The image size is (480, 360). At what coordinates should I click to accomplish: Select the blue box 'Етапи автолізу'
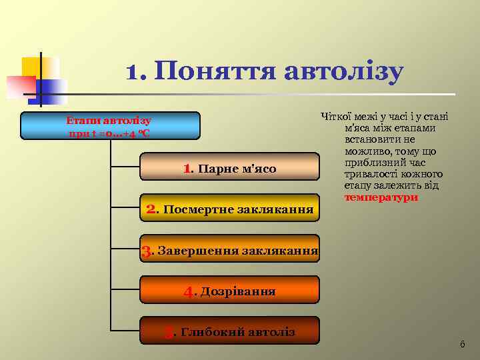click(x=109, y=125)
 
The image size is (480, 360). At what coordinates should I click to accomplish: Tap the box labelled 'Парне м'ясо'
click(x=229, y=167)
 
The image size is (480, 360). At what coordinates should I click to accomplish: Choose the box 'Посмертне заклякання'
click(x=229, y=209)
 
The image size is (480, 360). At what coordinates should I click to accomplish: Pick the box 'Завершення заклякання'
click(x=229, y=251)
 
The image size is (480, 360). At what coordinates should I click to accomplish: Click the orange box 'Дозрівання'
click(x=229, y=291)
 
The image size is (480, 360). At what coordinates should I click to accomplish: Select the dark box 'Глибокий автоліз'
click(x=229, y=331)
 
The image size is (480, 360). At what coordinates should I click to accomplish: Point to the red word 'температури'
click(x=381, y=198)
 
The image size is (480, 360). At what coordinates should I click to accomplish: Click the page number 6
click(x=463, y=344)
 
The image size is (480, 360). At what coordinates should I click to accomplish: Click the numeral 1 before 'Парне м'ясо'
click(x=187, y=169)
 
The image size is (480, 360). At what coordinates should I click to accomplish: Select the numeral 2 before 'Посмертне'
click(x=151, y=209)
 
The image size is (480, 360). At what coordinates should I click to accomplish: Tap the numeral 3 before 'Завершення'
click(x=147, y=252)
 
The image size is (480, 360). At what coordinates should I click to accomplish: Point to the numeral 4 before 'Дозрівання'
click(x=189, y=292)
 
